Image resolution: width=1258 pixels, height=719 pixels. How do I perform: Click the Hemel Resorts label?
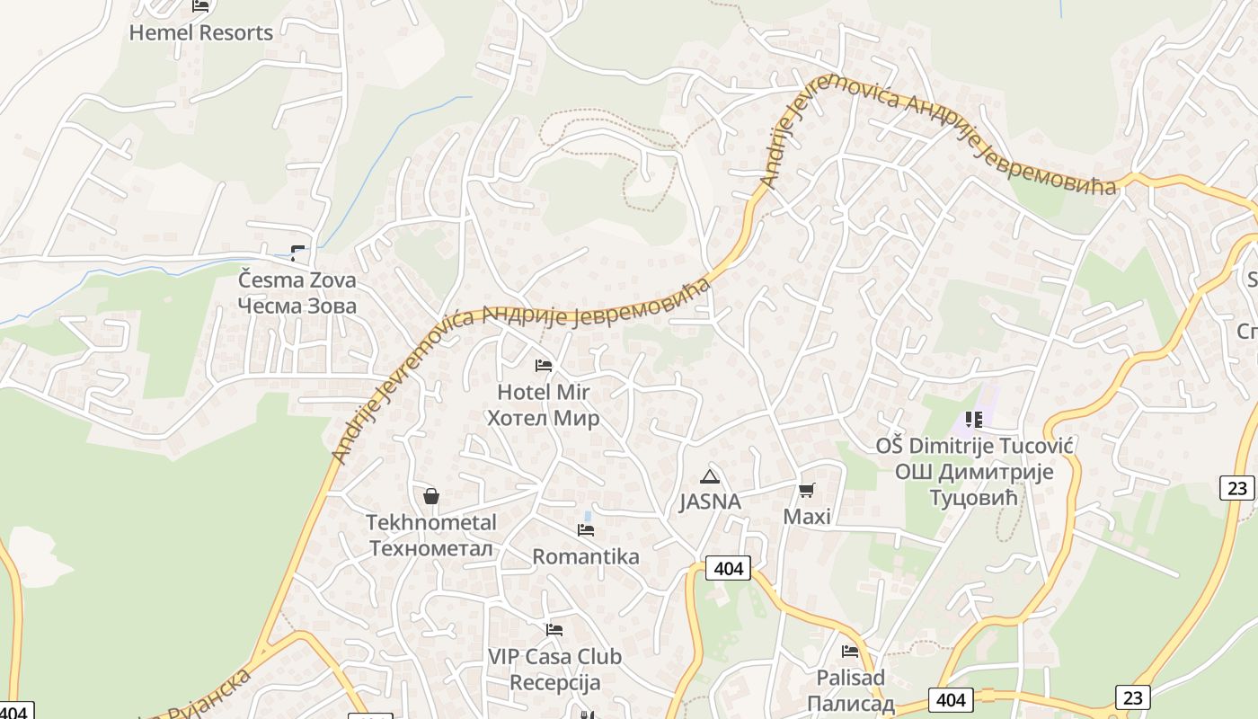(x=200, y=33)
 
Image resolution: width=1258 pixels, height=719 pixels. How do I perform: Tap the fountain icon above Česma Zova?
(x=297, y=253)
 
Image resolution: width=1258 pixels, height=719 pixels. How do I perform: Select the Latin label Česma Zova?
(x=297, y=280)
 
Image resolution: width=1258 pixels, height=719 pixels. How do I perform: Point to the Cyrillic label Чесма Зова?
(x=297, y=306)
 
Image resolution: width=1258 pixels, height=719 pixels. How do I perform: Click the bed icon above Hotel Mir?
(x=543, y=366)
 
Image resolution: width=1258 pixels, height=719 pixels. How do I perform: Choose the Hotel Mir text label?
(x=543, y=392)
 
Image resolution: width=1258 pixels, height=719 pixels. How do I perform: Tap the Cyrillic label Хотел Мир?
(x=543, y=418)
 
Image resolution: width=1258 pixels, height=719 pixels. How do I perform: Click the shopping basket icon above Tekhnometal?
(x=431, y=496)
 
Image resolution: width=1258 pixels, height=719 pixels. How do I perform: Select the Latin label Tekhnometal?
(x=431, y=522)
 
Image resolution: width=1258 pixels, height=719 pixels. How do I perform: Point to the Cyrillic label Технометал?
(x=431, y=548)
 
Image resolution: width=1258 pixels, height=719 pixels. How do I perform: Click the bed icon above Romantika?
(x=586, y=530)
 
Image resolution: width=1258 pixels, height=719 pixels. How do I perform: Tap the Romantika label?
(x=586, y=556)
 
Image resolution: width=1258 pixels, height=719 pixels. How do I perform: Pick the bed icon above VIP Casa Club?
(x=554, y=630)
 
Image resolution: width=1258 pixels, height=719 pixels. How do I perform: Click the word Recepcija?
(x=554, y=682)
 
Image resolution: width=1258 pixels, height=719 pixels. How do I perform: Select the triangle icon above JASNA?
(x=710, y=476)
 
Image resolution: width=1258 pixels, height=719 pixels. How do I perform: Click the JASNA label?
(x=710, y=502)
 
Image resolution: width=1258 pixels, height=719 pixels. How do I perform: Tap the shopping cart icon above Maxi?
(x=807, y=491)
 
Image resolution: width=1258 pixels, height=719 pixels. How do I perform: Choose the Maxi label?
(x=807, y=517)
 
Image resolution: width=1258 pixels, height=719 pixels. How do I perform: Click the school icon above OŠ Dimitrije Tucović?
(x=974, y=419)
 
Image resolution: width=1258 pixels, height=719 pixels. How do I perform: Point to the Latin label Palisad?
(x=850, y=677)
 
